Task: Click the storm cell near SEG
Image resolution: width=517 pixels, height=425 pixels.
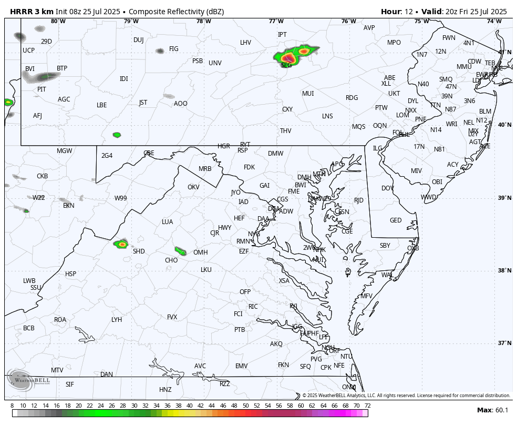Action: click(288, 57)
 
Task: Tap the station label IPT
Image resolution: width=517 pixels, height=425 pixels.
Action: click(282, 35)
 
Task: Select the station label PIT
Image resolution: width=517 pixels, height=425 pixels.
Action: click(42, 89)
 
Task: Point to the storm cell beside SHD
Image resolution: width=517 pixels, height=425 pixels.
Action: click(121, 244)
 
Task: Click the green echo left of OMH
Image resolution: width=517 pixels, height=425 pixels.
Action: click(180, 251)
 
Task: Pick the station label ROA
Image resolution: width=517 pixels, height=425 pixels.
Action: click(60, 320)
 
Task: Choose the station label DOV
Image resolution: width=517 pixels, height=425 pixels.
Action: click(388, 188)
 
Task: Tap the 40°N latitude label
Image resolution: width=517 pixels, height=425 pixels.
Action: click(504, 125)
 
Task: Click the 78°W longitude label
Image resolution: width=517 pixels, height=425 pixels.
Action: click(204, 21)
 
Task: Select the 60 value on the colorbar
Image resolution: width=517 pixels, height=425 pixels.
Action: click(301, 406)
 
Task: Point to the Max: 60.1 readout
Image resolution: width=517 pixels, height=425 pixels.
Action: click(492, 410)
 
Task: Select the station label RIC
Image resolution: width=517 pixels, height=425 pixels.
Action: click(253, 307)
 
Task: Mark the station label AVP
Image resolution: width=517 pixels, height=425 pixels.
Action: click(369, 28)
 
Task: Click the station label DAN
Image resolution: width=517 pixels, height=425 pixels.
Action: click(107, 375)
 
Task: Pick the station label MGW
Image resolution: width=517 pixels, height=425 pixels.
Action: click(64, 151)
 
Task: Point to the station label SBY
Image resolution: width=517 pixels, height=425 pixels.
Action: click(385, 246)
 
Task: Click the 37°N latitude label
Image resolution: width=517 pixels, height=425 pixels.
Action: click(504, 343)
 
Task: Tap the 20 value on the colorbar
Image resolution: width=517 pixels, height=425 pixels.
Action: click(78, 406)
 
